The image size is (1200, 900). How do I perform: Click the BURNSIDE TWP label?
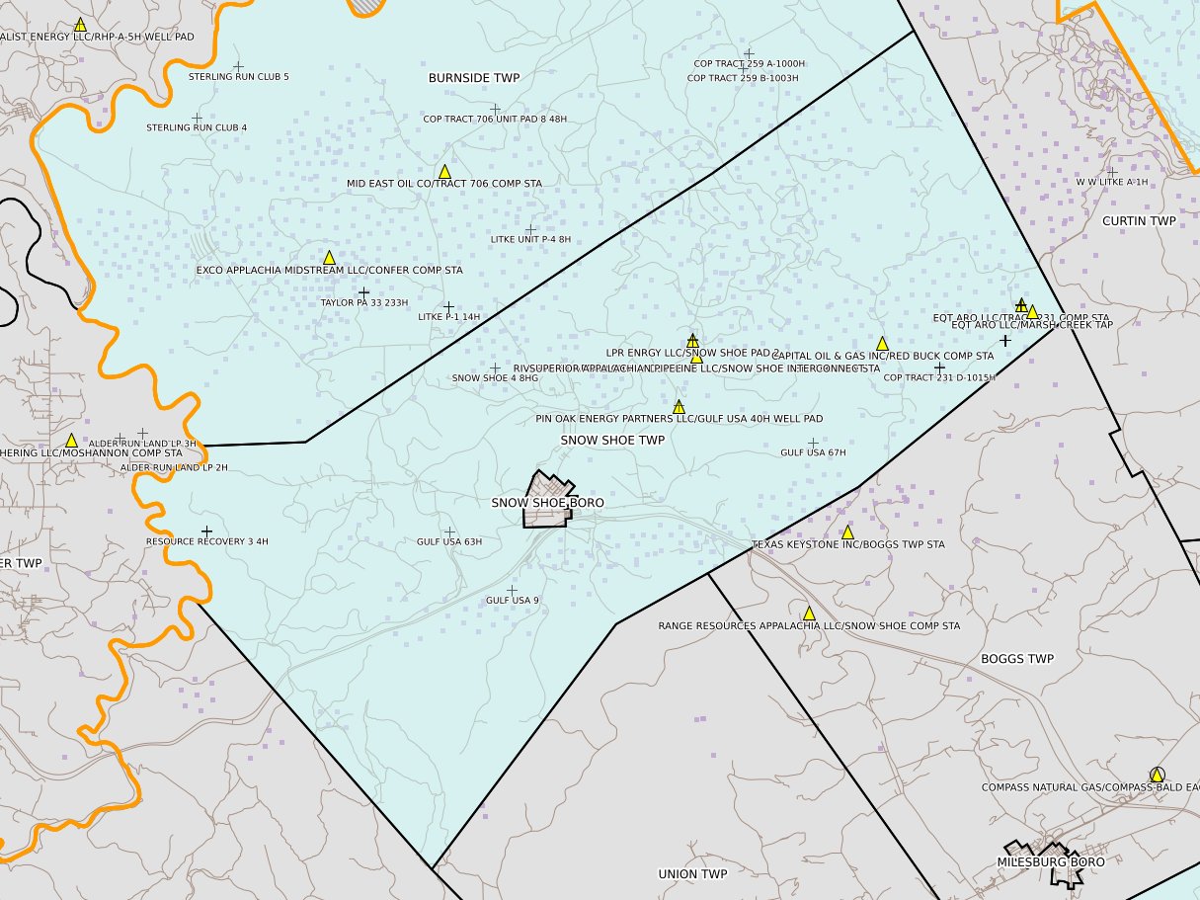(474, 77)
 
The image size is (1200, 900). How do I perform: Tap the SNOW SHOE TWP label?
(612, 440)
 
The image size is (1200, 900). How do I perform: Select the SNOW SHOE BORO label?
(547, 503)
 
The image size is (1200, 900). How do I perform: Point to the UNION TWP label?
(692, 874)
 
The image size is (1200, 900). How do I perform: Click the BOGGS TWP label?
(1017, 659)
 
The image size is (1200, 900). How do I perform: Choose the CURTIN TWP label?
(1139, 221)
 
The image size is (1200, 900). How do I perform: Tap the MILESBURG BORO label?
(1051, 861)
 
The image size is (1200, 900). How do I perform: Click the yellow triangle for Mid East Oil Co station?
(444, 172)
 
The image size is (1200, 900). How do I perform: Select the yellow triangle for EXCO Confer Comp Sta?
(330, 258)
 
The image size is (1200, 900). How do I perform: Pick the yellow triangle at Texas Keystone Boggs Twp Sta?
(847, 532)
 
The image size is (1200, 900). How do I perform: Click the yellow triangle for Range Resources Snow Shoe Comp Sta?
(809, 614)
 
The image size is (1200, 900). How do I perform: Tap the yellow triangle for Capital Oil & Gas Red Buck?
(882, 344)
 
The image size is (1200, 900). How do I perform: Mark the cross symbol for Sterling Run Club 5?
(238, 67)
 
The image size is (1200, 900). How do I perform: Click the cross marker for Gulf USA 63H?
(449, 532)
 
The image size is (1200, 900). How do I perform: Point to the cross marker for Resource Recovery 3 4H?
(206, 532)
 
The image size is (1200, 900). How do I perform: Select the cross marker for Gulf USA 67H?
(813, 443)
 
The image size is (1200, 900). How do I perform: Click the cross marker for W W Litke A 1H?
(1112, 172)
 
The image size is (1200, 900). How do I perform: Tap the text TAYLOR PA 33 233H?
(364, 302)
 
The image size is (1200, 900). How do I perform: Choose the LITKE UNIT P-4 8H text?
(530, 239)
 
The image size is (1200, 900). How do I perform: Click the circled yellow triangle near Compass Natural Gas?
(1157, 775)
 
